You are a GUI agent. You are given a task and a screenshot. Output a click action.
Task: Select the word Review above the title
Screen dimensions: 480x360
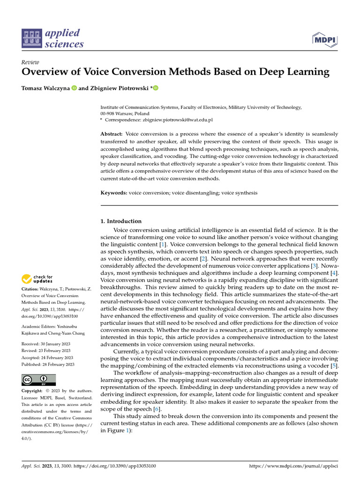(x=30, y=62)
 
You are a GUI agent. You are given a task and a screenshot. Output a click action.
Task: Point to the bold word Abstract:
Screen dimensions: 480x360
(x=112, y=134)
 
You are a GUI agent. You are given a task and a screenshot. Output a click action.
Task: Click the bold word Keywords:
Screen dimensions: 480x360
(x=114, y=193)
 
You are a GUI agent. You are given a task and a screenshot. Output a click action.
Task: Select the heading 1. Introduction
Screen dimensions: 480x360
(x=121, y=221)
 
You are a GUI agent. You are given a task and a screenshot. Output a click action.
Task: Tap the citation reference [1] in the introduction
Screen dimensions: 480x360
(x=162, y=244)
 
